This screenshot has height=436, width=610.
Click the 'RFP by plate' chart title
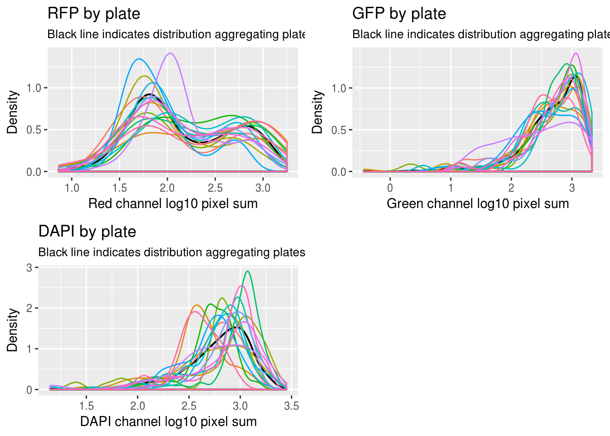coord(93,14)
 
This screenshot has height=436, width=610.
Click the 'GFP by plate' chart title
coord(399,14)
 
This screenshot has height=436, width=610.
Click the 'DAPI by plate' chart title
coord(87,232)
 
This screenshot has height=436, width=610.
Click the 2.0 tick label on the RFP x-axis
coord(167,188)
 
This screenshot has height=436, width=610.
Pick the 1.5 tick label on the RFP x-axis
coord(120,188)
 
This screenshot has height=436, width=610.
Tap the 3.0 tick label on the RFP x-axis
coord(263,188)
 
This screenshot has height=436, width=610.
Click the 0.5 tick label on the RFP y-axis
coord(34,130)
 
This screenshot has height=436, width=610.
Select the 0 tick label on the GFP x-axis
coord(390,188)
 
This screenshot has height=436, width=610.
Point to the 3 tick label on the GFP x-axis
coord(572,188)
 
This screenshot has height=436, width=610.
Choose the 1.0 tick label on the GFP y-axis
coord(339,88)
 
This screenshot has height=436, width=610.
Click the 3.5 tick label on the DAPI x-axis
coord(291,406)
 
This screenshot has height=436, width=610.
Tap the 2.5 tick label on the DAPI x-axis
coord(189,406)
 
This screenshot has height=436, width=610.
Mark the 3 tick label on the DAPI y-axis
coord(30,268)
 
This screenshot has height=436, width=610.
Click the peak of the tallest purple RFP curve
coord(170,54)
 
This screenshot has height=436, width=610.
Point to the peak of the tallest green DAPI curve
coord(247,272)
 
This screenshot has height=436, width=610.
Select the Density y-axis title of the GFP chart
coord(317,112)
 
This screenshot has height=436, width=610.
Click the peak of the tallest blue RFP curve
coord(139,59)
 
